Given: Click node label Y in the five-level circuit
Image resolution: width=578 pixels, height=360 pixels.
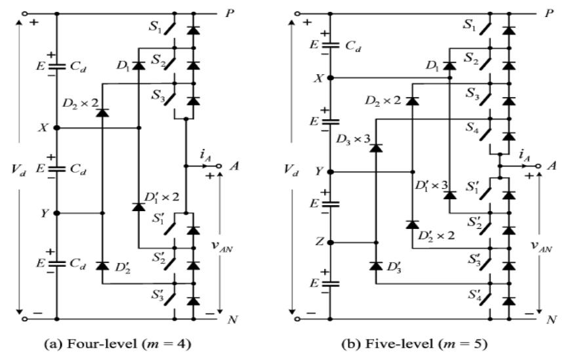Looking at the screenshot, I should (x=318, y=172).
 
